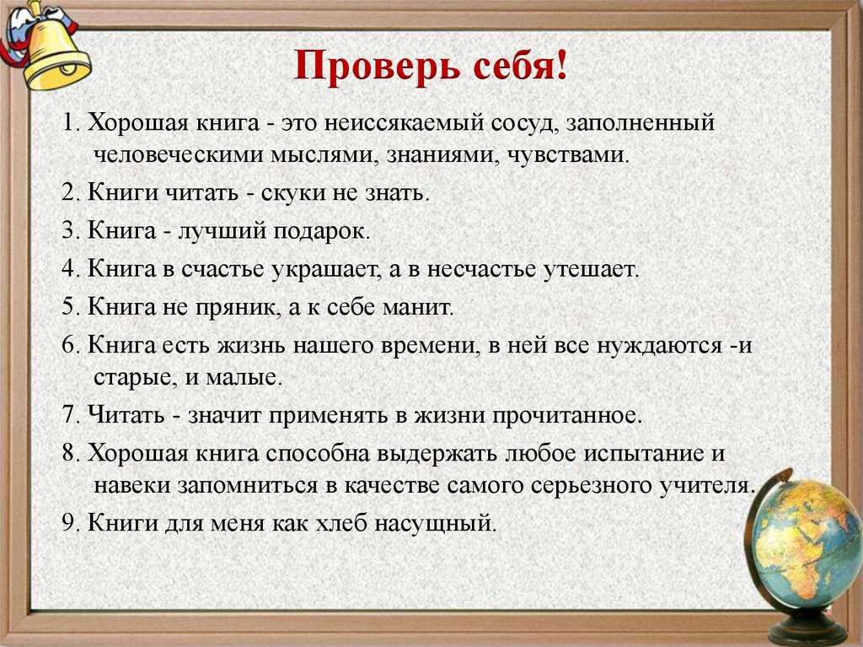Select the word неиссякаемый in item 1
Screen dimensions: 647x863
pyautogui.click(x=400, y=123)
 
